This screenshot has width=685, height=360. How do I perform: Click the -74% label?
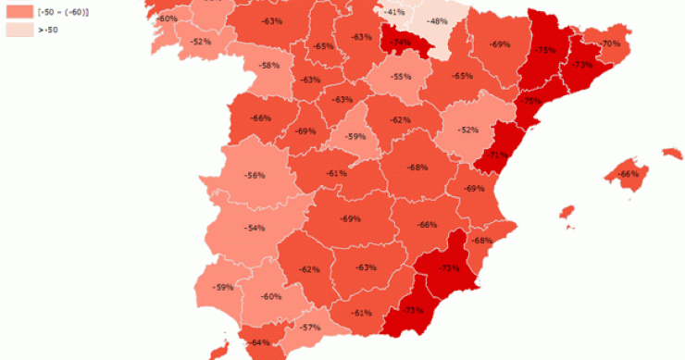(x=401, y=43)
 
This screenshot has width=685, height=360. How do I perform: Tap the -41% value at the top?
(x=394, y=11)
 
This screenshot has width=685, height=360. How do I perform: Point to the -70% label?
(x=610, y=43)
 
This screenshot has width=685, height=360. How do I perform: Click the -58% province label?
(x=269, y=65)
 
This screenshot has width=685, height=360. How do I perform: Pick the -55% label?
(x=401, y=77)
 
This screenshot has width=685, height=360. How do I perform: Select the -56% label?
(x=255, y=175)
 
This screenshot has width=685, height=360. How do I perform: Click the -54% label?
(x=255, y=228)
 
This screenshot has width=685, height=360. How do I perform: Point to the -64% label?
(x=260, y=342)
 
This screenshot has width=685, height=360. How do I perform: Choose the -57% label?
(x=310, y=328)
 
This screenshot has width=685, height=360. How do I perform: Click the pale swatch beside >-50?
(x=18, y=31)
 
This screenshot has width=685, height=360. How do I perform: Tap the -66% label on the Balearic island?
(x=629, y=174)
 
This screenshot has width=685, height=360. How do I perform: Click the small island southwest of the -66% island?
(x=566, y=214)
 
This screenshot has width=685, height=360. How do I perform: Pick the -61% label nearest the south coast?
(x=362, y=313)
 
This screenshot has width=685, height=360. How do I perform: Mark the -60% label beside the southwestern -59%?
(x=271, y=296)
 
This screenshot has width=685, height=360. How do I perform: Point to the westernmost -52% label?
(x=200, y=42)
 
